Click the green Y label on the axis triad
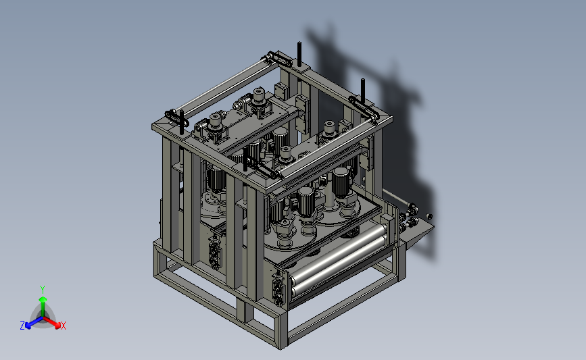click(42, 290)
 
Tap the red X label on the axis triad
click(63, 326)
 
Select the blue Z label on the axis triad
click(22, 326)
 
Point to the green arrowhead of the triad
click(43, 299)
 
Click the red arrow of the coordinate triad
click(51, 322)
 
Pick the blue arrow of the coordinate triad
click(34, 322)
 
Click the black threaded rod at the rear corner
click(299, 55)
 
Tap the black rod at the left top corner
click(182, 122)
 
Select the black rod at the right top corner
click(362, 91)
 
